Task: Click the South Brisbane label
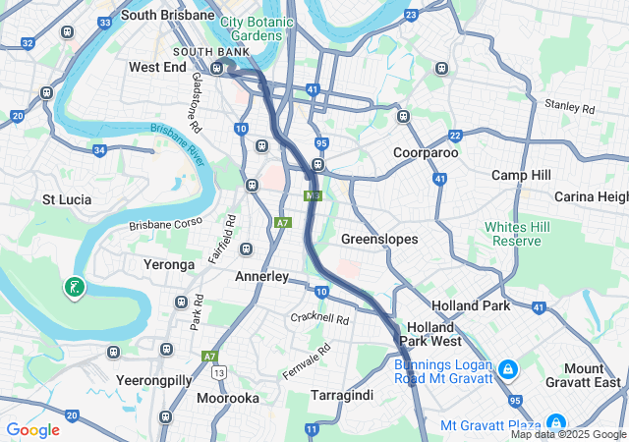pos(167,16)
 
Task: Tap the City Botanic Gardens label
pos(257,28)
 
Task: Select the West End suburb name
pos(157,67)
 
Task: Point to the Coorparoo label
pos(426,153)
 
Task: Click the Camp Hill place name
pos(521,175)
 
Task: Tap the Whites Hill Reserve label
pos(513,234)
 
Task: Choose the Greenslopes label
pos(379,240)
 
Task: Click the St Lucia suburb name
pos(67,199)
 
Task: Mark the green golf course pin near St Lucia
pos(74,287)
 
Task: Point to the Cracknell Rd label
pos(319,319)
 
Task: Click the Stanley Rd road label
pos(569,105)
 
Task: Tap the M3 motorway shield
pos(313,196)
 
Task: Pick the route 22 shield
pos(455,136)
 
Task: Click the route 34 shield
pos(99,150)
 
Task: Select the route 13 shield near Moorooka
pos(217,372)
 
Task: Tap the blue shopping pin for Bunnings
pos(507,370)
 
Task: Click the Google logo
pos(32,429)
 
